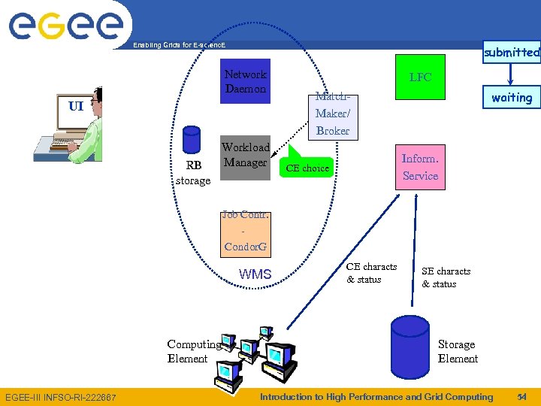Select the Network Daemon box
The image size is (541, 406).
point(245,81)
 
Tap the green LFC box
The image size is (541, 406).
point(420,77)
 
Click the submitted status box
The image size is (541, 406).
point(512,52)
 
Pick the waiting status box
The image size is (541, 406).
point(512,97)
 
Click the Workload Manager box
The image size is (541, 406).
point(245,155)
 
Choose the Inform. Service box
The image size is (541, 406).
point(420,167)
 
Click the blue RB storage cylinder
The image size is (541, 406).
point(192,141)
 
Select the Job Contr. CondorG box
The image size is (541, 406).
point(246,231)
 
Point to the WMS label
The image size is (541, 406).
point(255,274)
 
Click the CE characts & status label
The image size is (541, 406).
point(371,273)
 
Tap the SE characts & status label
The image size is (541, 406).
point(446,277)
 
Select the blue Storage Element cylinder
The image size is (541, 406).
point(410,350)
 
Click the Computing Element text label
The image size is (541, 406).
point(193,351)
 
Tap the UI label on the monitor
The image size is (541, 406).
point(76,106)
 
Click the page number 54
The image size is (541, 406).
point(521,396)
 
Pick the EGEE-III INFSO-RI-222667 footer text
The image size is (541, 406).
point(61,397)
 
